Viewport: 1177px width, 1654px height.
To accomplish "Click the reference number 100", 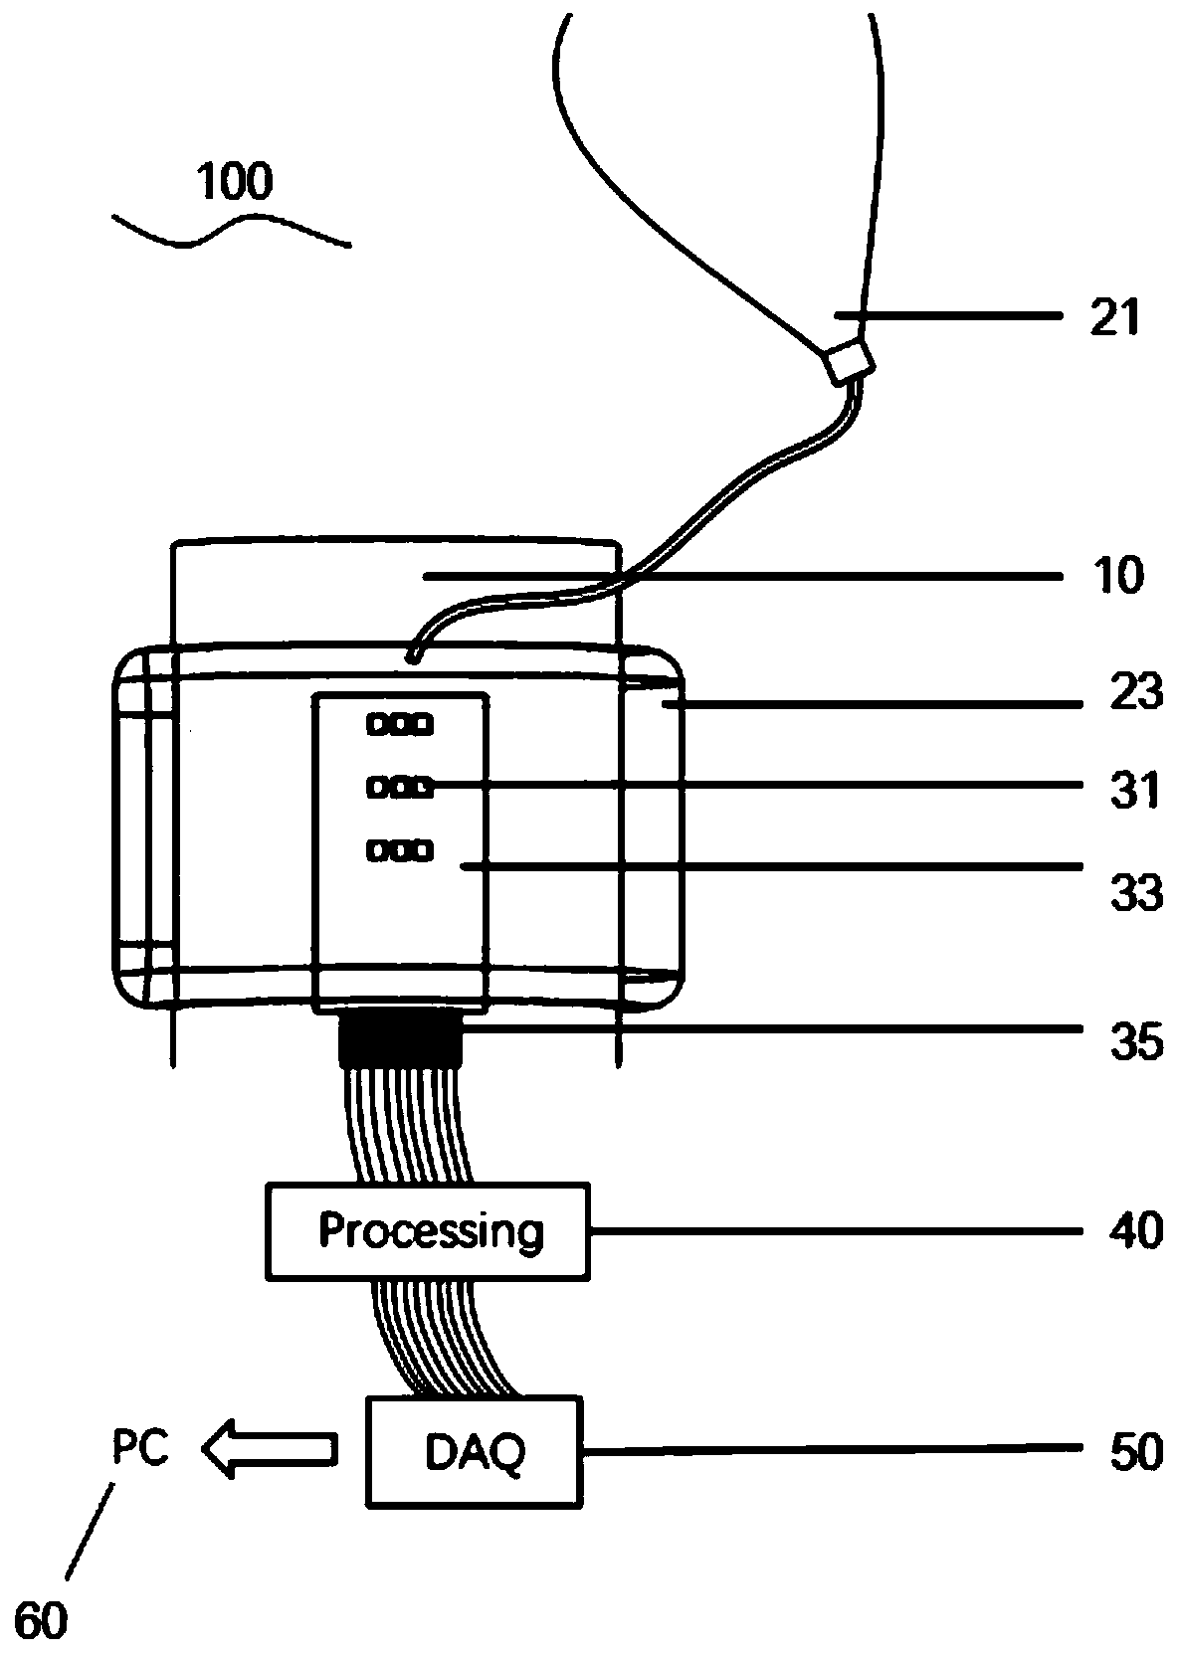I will [x=235, y=183].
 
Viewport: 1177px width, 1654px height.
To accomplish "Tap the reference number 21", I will [x=1114, y=319].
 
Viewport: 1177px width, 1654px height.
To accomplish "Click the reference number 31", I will [x=1135, y=793].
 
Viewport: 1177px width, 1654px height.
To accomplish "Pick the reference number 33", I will [x=1135, y=892].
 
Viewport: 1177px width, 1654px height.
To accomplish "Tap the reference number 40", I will [x=1135, y=1231].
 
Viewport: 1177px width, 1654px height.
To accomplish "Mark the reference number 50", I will [x=1135, y=1453].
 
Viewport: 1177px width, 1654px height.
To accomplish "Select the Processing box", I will [x=428, y=1231].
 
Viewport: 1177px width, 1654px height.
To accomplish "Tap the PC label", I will [x=140, y=1447].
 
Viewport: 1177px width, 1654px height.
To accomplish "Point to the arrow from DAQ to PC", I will [x=269, y=1448].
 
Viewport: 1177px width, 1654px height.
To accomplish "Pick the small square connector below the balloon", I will [x=847, y=361].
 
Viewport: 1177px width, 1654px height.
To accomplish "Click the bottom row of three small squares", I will [x=400, y=850].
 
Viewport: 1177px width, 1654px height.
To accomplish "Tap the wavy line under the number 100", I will [x=231, y=233].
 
